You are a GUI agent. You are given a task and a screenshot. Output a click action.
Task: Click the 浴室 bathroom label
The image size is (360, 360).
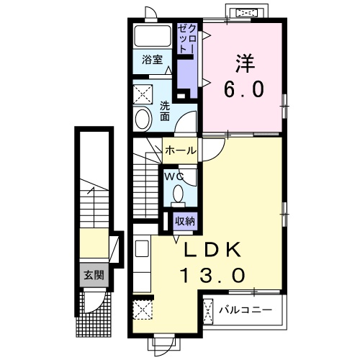click(x=152, y=60)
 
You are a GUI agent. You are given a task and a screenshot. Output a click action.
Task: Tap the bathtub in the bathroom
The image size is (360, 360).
click(x=153, y=36)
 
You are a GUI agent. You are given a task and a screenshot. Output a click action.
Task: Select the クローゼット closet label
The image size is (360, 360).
click(x=187, y=38)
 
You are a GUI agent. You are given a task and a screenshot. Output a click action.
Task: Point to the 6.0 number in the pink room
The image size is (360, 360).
click(x=244, y=89)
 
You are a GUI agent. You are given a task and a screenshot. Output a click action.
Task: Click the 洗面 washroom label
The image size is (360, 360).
click(x=165, y=111)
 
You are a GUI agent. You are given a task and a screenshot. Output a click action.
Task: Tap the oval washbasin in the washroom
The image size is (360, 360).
click(x=143, y=119)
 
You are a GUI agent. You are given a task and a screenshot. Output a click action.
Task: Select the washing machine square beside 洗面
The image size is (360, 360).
click(x=143, y=94)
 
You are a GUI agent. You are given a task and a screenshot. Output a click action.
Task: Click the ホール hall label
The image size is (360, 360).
click(x=181, y=150)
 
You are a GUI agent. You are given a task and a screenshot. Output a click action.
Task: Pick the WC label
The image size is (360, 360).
click(x=174, y=177)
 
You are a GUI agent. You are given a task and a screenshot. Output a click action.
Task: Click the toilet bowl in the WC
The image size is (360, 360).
click(x=178, y=194)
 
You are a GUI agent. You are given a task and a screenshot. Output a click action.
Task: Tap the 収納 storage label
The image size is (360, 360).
click(x=185, y=221)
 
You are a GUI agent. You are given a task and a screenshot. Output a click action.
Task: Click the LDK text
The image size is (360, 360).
click(x=212, y=250)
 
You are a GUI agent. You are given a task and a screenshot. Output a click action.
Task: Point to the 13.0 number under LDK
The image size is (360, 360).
click(x=213, y=275)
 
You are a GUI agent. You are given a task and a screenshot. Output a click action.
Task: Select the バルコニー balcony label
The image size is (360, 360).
click(x=246, y=310)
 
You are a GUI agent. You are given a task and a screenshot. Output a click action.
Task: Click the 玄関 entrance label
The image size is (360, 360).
click(x=94, y=275)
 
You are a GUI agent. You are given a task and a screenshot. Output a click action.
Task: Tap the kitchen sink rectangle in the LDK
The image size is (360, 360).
click(x=143, y=248)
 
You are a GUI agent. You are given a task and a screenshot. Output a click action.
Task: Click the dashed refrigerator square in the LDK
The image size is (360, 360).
click(x=143, y=310)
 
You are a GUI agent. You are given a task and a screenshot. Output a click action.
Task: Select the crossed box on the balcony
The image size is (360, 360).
click(x=208, y=311)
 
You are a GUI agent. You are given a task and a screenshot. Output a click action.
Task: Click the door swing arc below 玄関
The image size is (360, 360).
click(x=99, y=305)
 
